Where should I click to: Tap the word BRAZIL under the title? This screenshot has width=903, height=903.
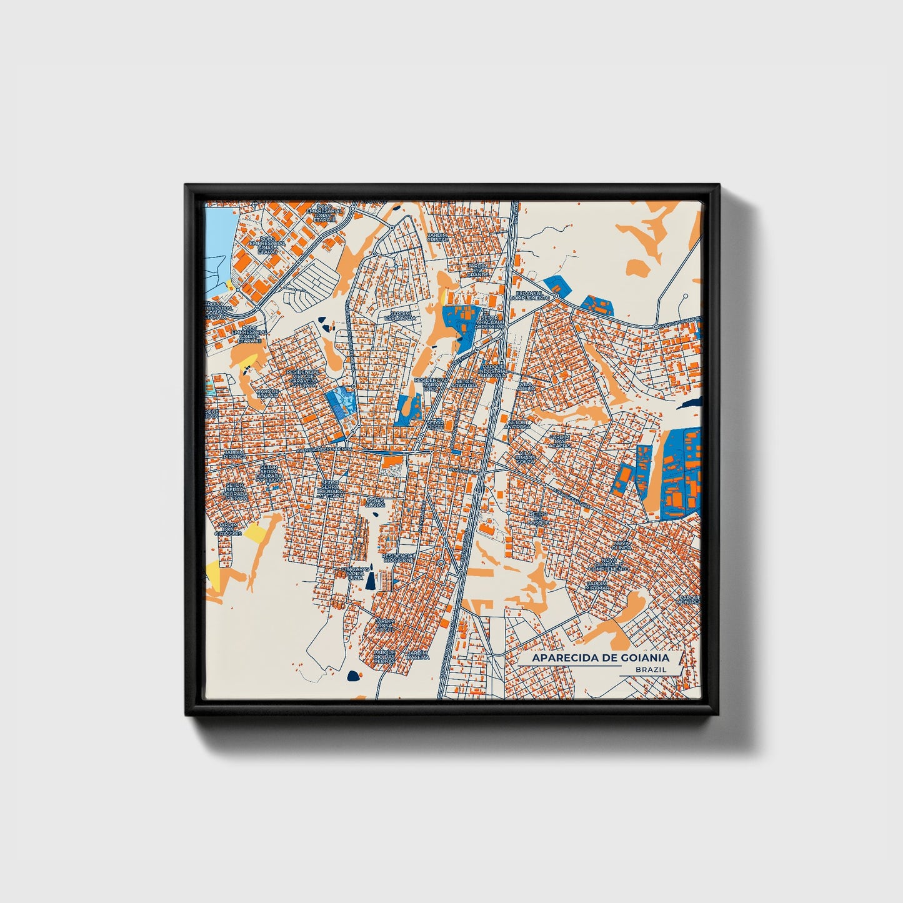[650, 669]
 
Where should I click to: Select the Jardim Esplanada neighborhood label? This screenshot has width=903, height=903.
[403, 316]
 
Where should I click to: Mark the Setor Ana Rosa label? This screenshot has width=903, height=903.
[519, 425]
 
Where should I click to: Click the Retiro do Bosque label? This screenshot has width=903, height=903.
[538, 517]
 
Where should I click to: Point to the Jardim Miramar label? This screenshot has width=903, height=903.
[597, 586]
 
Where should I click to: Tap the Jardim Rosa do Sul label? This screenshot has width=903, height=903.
[385, 624]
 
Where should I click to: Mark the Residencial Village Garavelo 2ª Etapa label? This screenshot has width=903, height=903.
[303, 379]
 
